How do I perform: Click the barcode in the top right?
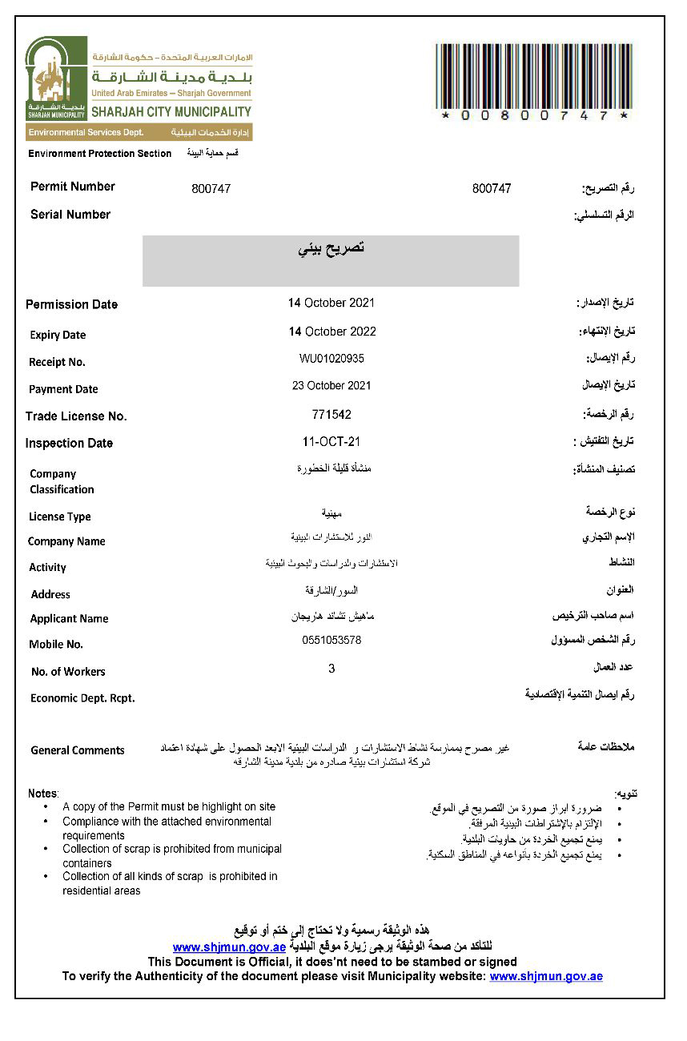[x=534, y=77]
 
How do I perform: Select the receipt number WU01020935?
[x=331, y=359]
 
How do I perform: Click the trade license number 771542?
[x=331, y=415]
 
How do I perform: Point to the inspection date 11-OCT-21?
[x=331, y=442]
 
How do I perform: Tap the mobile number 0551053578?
[x=331, y=640]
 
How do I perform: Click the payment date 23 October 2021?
[x=331, y=385]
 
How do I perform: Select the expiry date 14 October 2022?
[x=331, y=332]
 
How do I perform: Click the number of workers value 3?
[x=331, y=668]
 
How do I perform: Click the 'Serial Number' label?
[x=70, y=215]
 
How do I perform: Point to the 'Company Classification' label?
[x=62, y=481]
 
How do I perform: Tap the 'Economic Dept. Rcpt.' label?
[x=82, y=698]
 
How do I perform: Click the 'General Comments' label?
[x=78, y=750]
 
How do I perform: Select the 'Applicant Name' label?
[x=69, y=618]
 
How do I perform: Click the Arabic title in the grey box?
[x=331, y=248]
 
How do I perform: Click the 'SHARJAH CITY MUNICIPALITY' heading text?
[x=171, y=112]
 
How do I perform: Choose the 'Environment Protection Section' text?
[x=100, y=153]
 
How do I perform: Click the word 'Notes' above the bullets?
[x=42, y=793]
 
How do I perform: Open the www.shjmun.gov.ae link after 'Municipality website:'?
[x=546, y=976]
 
